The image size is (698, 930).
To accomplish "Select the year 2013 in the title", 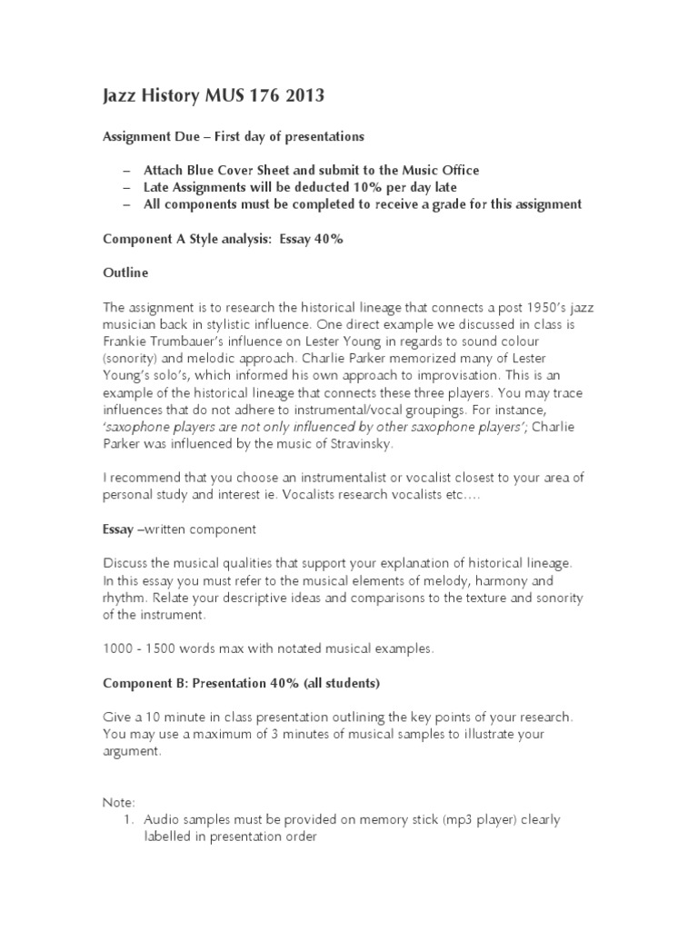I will pos(301,96).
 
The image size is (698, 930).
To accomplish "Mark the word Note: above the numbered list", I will pos(117,803).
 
